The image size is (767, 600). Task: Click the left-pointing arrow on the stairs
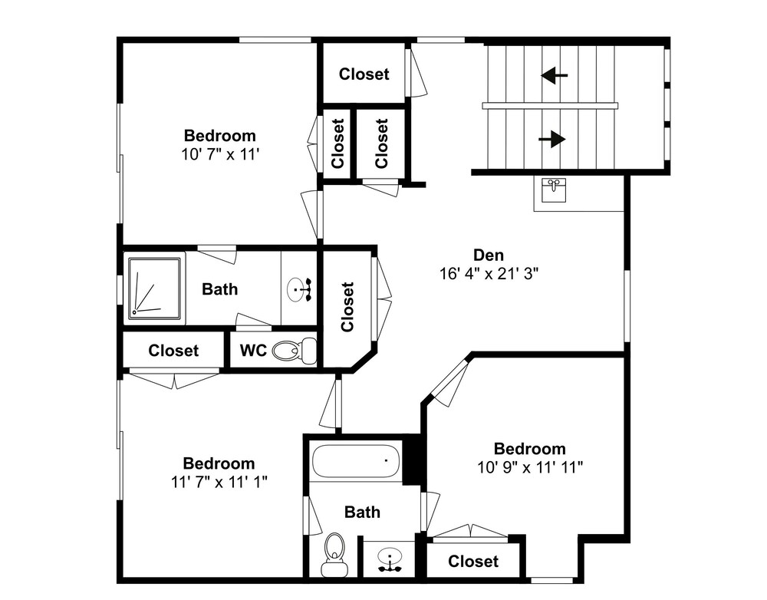[x=555, y=75]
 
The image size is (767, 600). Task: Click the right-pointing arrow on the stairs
[x=552, y=139]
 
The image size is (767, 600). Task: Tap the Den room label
[x=488, y=255]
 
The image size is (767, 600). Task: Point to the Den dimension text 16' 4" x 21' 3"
[x=489, y=274]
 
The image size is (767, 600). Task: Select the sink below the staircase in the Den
[x=554, y=190]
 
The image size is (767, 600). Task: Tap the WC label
[x=253, y=351]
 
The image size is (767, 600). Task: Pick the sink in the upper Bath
[x=298, y=289]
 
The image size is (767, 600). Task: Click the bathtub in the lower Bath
[x=356, y=460]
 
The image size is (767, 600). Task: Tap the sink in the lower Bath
[x=390, y=560]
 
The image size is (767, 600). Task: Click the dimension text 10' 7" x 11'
[x=219, y=155]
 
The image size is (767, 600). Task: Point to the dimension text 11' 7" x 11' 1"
[x=219, y=482]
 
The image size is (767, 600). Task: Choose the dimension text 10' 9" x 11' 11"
[x=530, y=467]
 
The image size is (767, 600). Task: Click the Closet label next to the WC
[x=173, y=351]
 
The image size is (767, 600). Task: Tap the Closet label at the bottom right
[x=473, y=562]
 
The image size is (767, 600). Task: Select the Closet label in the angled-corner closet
[x=347, y=307]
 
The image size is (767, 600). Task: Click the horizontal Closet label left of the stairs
[x=364, y=74]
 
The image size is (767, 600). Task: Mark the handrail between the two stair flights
[x=550, y=106]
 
